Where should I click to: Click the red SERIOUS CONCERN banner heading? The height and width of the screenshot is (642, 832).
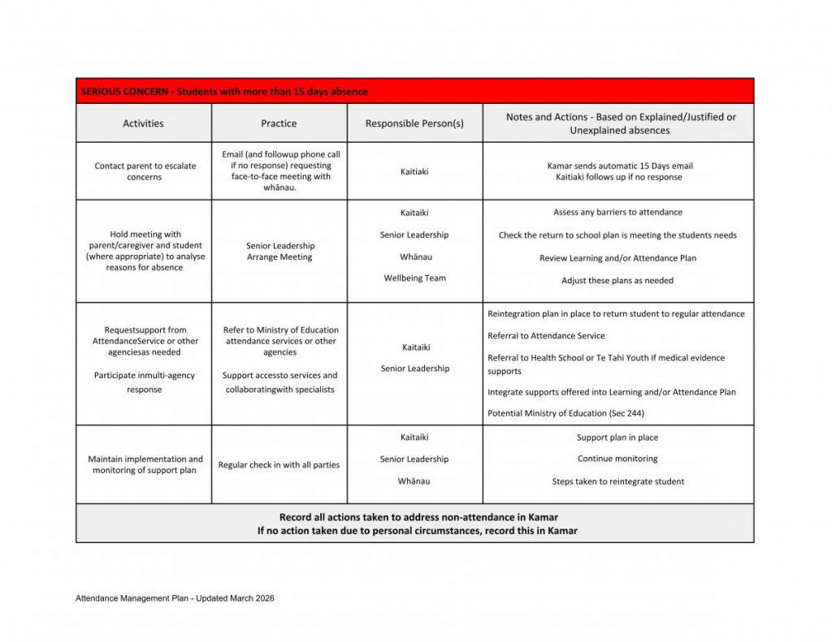(224, 92)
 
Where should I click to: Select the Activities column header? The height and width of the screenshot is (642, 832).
(143, 123)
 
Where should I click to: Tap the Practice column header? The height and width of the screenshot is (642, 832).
(279, 123)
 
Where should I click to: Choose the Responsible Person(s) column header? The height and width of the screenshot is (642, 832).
(414, 123)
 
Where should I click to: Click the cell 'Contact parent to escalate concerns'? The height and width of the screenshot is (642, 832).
(145, 171)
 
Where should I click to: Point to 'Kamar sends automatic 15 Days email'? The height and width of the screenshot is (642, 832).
(619, 166)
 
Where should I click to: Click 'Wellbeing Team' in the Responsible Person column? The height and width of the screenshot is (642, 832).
(414, 278)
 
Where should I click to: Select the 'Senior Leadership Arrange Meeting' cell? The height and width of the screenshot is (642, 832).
(280, 252)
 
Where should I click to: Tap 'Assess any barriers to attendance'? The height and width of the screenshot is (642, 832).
(617, 213)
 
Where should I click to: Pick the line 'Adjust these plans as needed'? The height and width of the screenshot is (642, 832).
(617, 281)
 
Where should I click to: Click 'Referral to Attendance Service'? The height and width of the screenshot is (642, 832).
(546, 336)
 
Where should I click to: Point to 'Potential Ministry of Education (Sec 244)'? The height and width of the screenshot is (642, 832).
(565, 413)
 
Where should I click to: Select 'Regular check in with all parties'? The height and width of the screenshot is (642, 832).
(279, 465)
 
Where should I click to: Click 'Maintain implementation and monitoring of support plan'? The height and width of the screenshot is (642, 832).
(145, 465)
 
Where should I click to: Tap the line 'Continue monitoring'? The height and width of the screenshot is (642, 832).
(617, 459)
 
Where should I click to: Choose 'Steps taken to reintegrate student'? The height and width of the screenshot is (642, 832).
(617, 481)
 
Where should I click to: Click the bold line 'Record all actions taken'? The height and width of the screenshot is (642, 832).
(418, 517)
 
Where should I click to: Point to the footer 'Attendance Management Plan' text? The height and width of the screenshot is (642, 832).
(175, 598)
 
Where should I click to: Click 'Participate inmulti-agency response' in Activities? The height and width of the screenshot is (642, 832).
(145, 382)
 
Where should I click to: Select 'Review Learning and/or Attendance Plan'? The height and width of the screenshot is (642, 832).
(617, 258)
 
